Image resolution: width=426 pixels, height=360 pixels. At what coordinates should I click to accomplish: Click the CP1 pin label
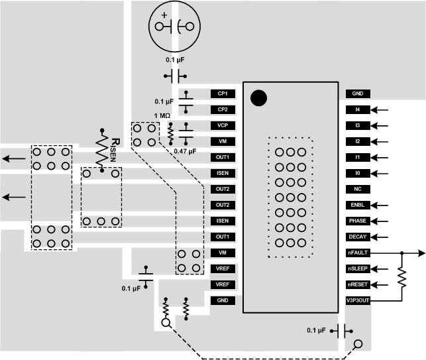click(222, 93)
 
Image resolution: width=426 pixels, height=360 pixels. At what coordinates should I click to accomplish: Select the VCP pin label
click(222, 125)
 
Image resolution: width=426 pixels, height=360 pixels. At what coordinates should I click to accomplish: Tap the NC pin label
click(357, 189)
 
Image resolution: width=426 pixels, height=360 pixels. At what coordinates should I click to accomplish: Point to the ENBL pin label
click(357, 205)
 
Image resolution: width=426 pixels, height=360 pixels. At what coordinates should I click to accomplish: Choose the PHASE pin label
click(357, 221)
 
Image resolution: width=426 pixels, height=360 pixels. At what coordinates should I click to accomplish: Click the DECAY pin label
click(357, 237)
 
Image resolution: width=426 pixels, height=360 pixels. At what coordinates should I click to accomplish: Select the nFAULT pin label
click(357, 253)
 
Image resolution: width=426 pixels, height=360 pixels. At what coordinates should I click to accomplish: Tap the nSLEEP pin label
click(357, 269)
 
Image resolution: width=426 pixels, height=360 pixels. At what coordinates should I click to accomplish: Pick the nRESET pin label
click(357, 284)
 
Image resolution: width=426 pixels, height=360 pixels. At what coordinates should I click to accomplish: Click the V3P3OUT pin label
click(357, 300)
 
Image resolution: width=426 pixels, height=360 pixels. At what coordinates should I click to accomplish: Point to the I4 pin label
click(357, 109)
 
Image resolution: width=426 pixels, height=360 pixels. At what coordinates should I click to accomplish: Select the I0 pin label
click(357, 173)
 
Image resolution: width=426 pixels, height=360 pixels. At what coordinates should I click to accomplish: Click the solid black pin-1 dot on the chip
click(259, 98)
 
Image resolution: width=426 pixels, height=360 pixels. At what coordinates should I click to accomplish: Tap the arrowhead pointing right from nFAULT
click(422, 253)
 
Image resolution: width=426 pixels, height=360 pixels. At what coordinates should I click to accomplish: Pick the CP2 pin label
click(222, 109)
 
